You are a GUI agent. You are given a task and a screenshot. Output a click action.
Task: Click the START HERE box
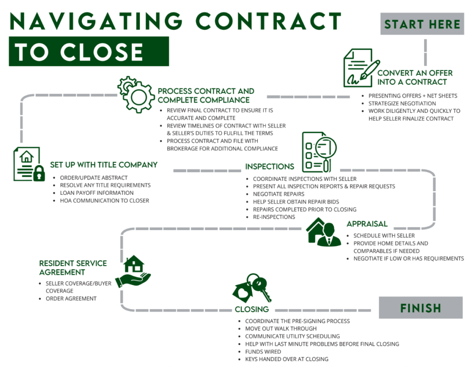point(422,25)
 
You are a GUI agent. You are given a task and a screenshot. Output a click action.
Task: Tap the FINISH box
point(421,308)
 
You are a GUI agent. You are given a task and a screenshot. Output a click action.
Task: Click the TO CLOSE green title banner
point(88,51)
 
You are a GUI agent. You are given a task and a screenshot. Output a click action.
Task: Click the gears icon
point(135,95)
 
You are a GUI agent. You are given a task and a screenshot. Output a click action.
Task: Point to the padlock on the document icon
point(39,174)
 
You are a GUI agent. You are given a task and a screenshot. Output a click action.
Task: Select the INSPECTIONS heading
point(269,167)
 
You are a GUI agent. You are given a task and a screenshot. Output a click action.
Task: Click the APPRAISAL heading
point(367,224)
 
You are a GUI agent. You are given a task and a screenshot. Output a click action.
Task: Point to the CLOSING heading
point(252,309)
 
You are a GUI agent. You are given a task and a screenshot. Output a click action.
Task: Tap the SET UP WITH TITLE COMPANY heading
point(104,165)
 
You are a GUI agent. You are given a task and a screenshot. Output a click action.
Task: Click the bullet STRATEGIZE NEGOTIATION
point(402,103)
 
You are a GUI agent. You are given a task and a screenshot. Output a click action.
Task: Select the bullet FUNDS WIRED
point(263,351)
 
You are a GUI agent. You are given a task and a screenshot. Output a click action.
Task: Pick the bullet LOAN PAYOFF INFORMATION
point(97,193)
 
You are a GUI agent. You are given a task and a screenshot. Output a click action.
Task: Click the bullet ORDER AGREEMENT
point(71,299)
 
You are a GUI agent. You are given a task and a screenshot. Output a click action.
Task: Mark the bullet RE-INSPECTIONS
point(274,217)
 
